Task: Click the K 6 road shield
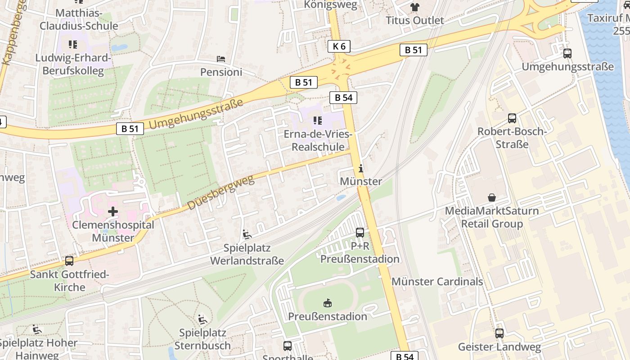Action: [x=339, y=46]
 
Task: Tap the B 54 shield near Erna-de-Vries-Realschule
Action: [x=343, y=97]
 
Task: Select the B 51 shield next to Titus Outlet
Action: [x=413, y=50]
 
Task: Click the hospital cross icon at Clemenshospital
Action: [x=113, y=211]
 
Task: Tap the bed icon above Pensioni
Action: [x=221, y=59]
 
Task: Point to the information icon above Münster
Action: [x=360, y=169]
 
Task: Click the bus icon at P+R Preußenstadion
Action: [x=360, y=233]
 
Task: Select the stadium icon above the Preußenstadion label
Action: [x=328, y=303]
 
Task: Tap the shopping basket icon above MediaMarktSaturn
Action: [x=491, y=198]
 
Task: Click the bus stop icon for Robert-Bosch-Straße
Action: [x=512, y=118]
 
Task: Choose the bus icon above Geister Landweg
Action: [x=499, y=333]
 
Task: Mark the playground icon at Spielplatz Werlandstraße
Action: [x=247, y=234]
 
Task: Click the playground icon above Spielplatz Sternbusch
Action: [x=202, y=319]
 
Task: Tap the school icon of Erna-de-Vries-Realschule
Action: [x=318, y=121]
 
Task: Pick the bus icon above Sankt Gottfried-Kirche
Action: [x=69, y=261]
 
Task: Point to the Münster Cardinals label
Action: [x=437, y=282]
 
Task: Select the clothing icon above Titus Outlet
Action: [x=414, y=7]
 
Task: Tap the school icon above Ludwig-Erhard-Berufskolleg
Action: [x=72, y=44]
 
